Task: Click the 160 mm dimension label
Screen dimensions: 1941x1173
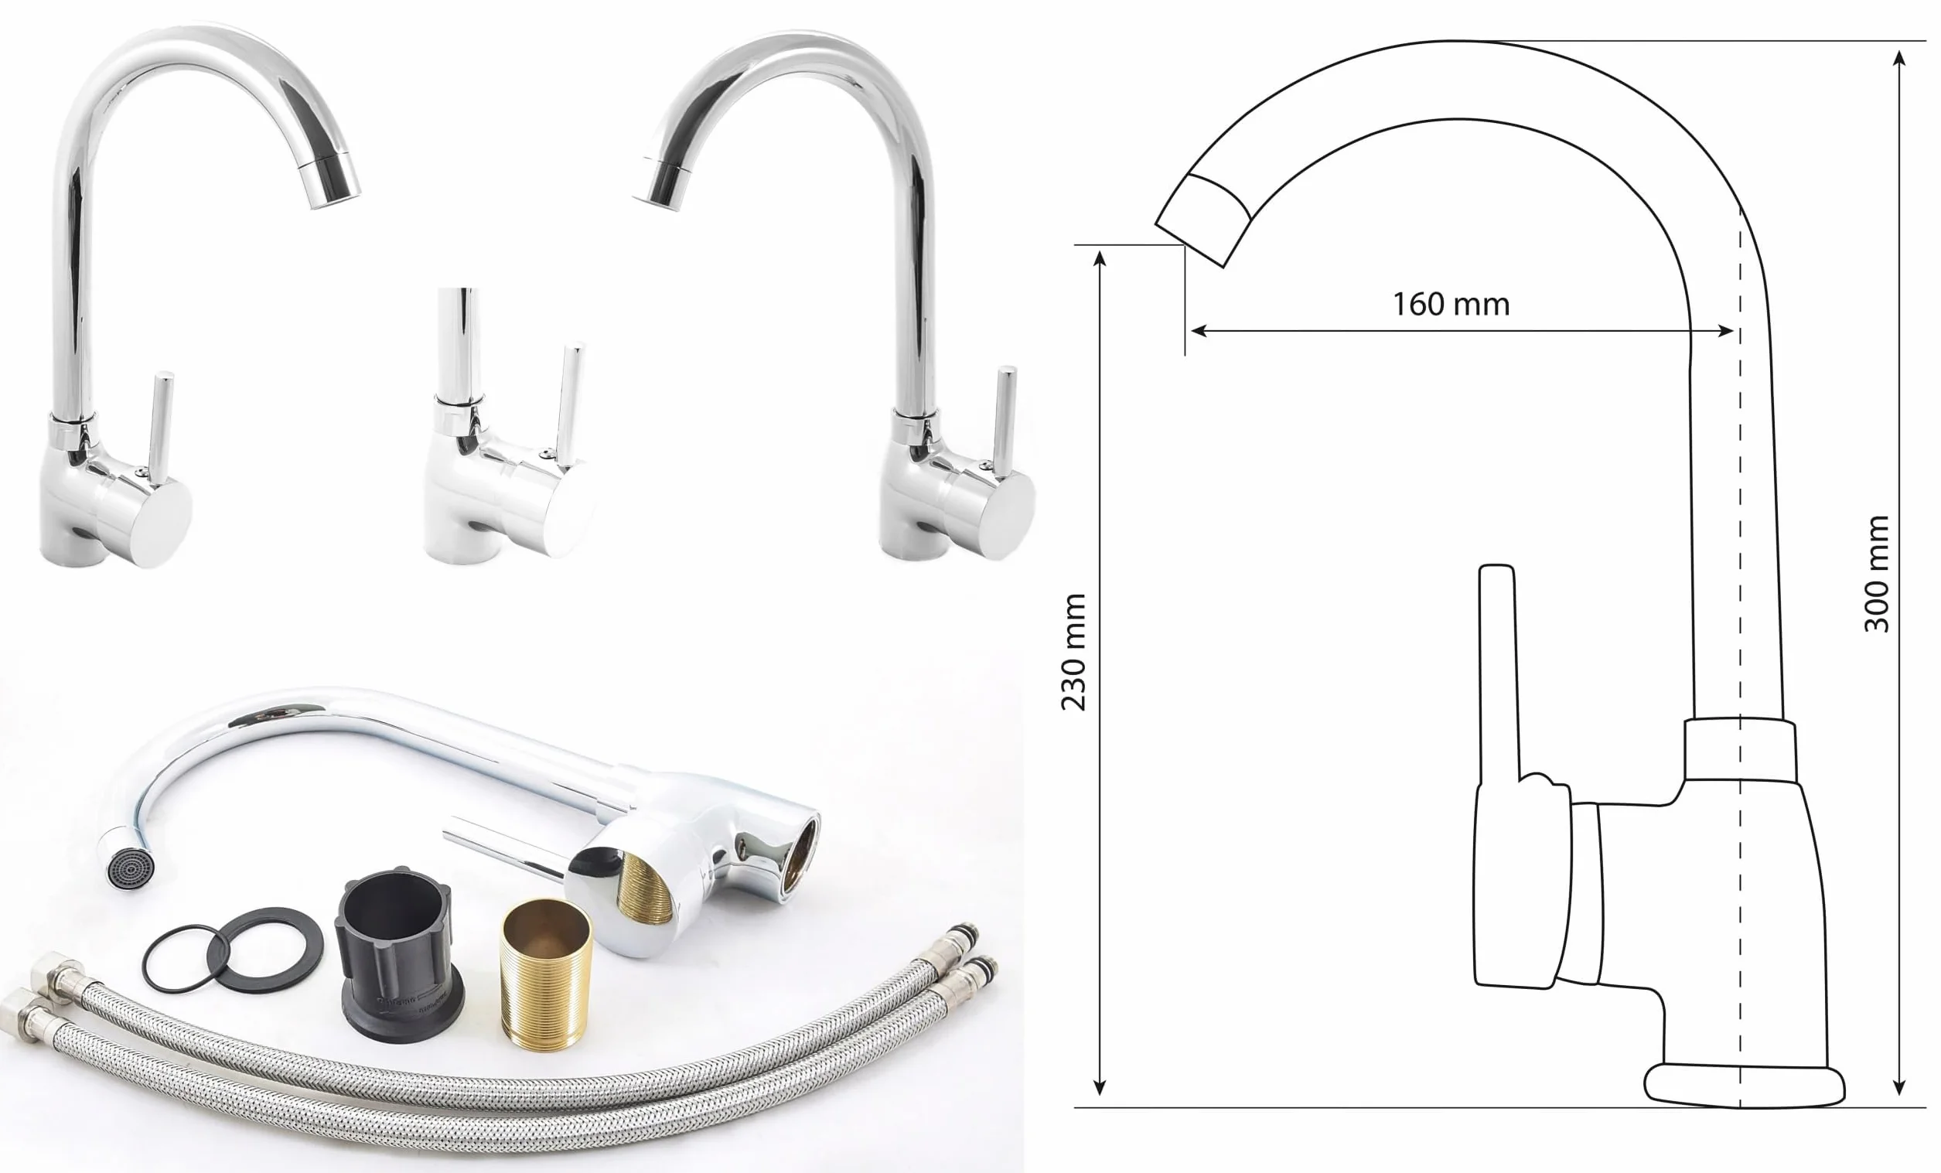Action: [x=1451, y=304]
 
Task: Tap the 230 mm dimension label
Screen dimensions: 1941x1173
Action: [x=1074, y=653]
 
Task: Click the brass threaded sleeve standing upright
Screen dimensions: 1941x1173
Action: [x=547, y=974]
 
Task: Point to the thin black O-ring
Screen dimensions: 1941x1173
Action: [x=180, y=959]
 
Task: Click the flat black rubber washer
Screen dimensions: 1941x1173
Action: [x=265, y=950]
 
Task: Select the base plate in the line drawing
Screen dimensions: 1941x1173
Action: [x=1743, y=1086]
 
